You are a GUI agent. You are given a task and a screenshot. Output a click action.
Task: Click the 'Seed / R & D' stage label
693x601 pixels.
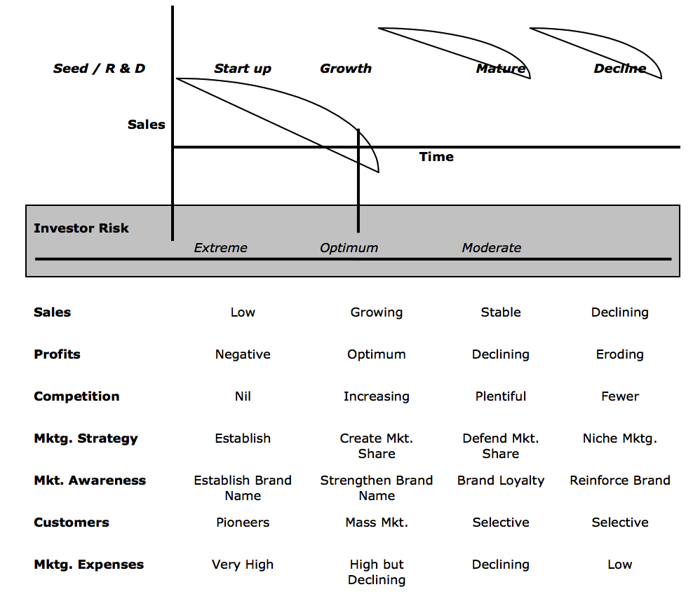(x=99, y=69)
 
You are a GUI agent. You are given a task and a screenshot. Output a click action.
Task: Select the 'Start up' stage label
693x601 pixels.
(x=242, y=69)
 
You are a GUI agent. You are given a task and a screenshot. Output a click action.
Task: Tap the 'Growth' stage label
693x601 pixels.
(x=345, y=69)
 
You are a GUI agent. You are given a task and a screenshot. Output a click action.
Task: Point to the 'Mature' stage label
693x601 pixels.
(x=500, y=69)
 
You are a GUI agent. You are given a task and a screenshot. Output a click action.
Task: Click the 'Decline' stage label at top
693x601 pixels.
(x=619, y=69)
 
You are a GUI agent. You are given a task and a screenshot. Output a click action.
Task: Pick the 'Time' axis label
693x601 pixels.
(x=436, y=157)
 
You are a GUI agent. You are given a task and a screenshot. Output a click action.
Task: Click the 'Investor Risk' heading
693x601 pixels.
(x=81, y=228)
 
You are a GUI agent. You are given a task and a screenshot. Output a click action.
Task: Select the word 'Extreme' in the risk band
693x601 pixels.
(x=220, y=248)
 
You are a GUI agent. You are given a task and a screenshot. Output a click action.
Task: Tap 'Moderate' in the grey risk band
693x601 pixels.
(x=491, y=248)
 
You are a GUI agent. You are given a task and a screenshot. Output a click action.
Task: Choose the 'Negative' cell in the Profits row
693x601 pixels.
(x=243, y=354)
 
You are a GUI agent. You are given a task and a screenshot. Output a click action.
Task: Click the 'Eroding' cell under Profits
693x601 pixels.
(x=619, y=354)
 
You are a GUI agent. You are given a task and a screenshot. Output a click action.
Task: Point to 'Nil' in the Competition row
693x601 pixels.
(x=243, y=396)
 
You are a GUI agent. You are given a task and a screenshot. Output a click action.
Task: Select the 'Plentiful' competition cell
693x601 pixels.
(x=500, y=396)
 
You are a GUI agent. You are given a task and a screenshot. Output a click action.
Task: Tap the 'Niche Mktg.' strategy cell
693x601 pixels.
(x=619, y=438)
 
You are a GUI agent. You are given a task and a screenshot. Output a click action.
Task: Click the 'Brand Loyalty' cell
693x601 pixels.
(x=500, y=481)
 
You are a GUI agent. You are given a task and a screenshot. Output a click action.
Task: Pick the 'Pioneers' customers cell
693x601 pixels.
(x=243, y=523)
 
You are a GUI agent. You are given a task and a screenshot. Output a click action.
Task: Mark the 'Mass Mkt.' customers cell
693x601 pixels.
(x=377, y=523)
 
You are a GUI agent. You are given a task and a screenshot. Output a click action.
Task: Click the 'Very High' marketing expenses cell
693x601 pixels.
(x=243, y=565)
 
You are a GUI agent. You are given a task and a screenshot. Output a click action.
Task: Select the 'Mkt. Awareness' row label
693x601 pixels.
(x=90, y=481)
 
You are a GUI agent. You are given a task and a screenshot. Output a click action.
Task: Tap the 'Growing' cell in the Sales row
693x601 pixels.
(x=377, y=312)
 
